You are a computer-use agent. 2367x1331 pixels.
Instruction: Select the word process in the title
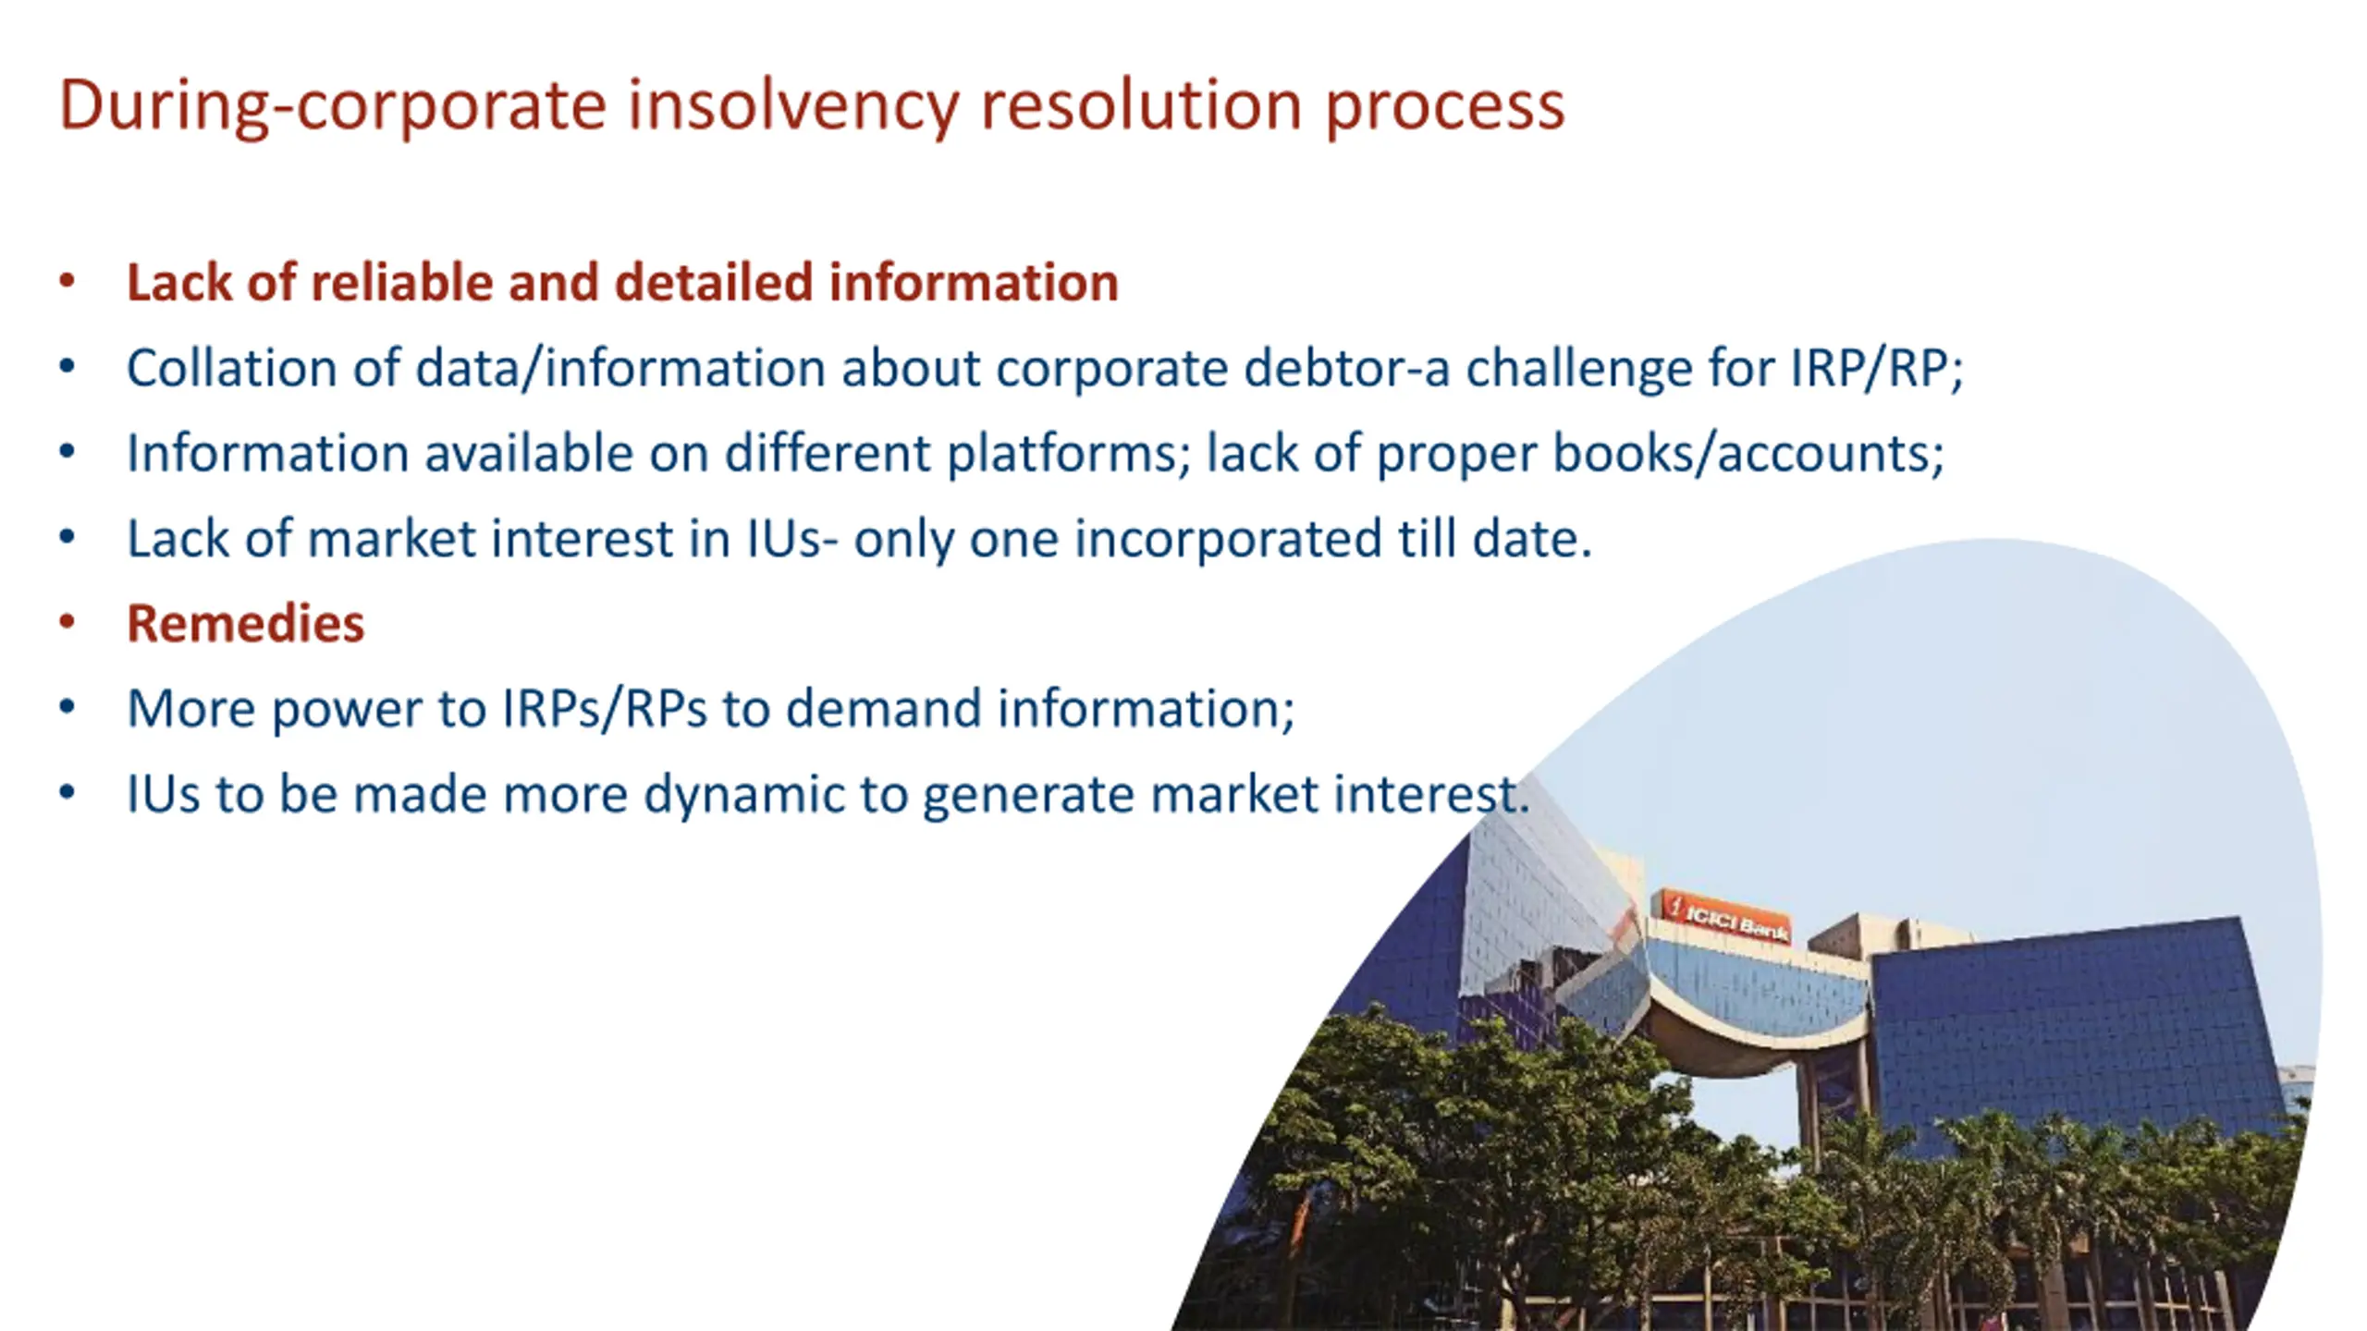1444,104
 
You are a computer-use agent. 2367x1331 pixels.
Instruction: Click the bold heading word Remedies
246,623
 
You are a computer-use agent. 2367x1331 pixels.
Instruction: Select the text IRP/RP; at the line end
1876,368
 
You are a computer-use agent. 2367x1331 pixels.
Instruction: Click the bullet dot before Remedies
67,622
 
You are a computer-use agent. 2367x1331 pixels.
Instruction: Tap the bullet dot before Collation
67,367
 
